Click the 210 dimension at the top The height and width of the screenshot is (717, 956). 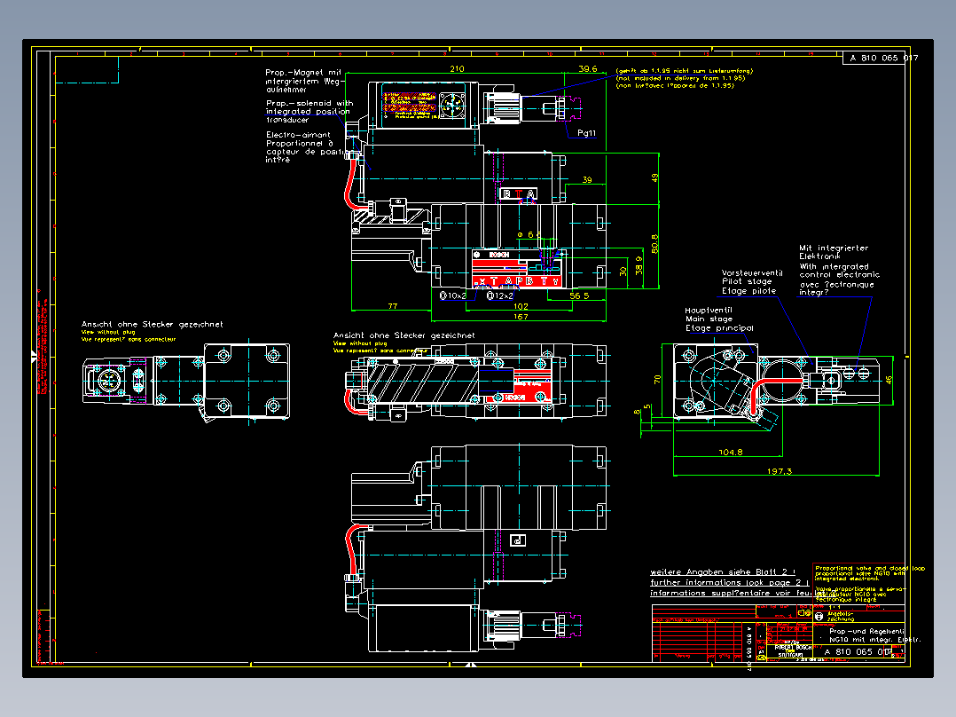458,68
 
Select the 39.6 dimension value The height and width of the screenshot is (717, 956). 588,68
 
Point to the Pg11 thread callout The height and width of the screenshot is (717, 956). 586,132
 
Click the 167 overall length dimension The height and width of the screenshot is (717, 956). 521,316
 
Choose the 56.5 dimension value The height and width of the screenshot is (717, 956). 580,295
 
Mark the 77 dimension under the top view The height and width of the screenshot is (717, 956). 393,305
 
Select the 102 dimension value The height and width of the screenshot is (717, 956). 521,305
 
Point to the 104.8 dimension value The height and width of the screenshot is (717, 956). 731,452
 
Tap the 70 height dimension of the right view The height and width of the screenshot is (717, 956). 659,379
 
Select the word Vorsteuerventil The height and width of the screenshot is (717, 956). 752,273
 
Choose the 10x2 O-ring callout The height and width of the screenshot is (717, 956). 454,295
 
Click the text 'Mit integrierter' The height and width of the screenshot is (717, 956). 834,248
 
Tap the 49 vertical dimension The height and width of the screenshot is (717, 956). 655,177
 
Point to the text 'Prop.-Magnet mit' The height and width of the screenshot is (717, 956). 303,72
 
